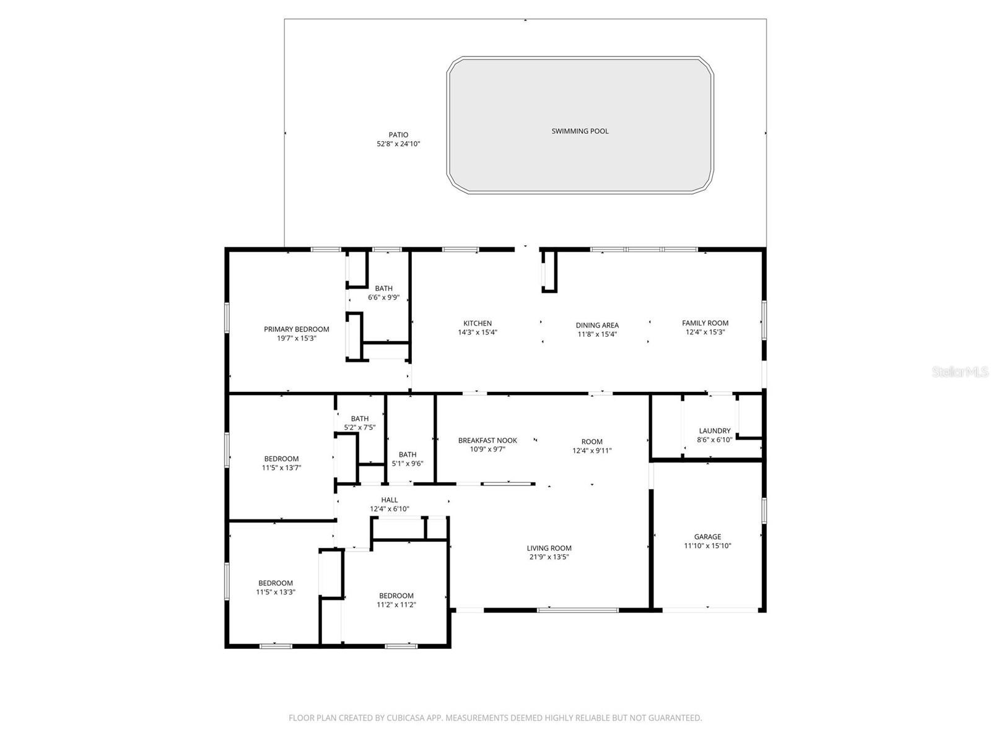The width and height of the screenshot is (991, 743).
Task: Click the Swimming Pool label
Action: [580, 131]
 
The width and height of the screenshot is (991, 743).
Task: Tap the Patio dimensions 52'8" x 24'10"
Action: [399, 144]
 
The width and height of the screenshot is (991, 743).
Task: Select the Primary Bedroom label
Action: [296, 329]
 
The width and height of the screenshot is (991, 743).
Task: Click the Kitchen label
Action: [478, 323]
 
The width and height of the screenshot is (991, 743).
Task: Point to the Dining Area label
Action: [597, 325]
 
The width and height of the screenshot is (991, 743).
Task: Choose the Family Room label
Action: [705, 323]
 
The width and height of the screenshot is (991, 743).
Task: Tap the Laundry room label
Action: [715, 431]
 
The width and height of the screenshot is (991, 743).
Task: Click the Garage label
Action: [707, 537]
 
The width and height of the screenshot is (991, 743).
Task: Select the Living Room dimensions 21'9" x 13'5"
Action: [549, 557]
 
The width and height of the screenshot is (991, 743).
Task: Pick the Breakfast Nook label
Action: [487, 440]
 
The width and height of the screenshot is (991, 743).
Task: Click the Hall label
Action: [390, 500]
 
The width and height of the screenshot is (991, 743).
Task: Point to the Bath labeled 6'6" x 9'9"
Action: [383, 292]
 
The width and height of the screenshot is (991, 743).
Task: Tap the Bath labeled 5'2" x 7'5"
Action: [360, 423]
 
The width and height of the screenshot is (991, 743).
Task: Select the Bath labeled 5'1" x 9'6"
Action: [408, 459]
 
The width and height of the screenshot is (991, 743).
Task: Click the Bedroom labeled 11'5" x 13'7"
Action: [281, 463]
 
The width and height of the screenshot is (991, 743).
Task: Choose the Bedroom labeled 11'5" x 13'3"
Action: [276, 587]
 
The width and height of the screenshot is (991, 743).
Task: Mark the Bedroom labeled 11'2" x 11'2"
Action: [396, 600]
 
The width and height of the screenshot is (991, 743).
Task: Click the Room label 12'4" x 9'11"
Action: [592, 446]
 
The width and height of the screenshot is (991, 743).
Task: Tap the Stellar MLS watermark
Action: [960, 371]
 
